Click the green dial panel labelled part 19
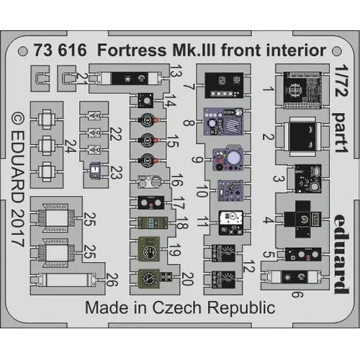tap(149, 252)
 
